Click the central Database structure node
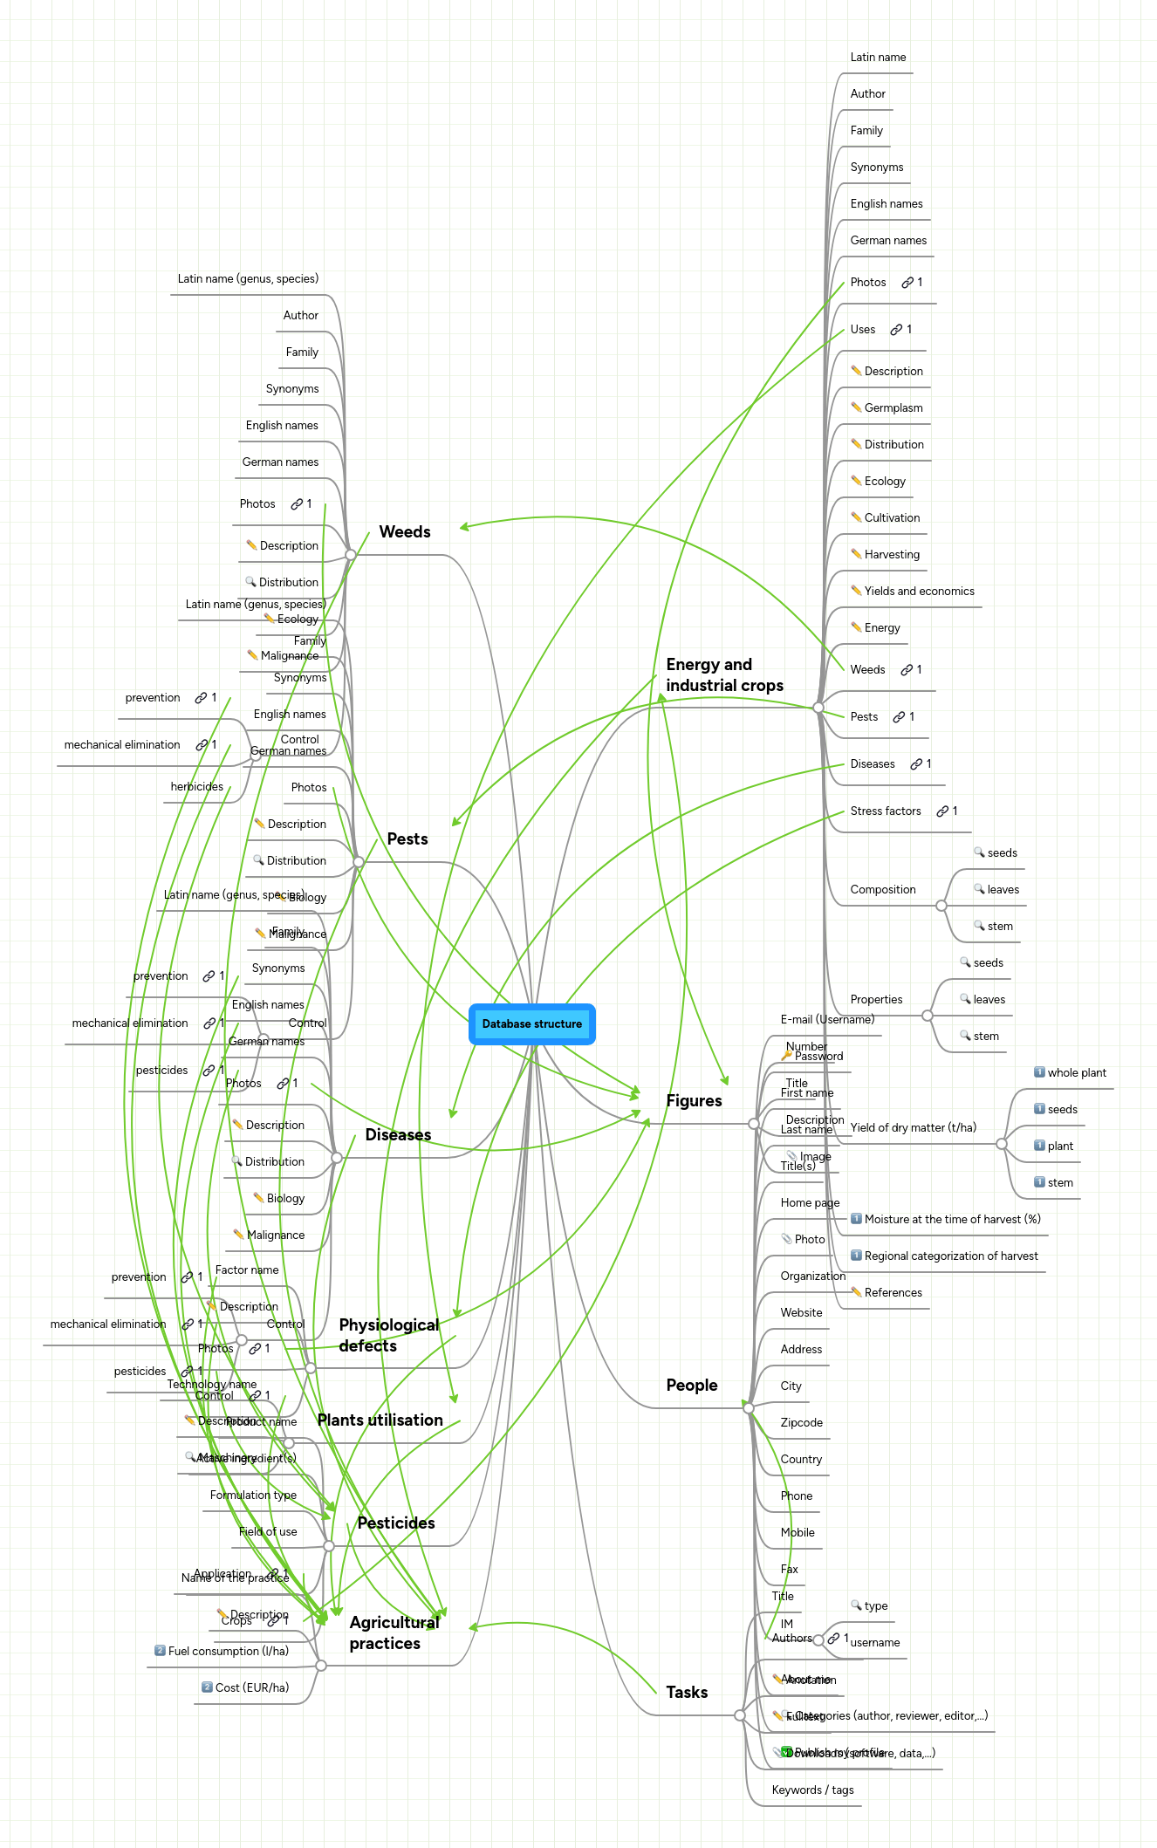[532, 1024]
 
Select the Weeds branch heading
[405, 532]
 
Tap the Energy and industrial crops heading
[724, 675]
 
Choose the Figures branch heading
[694, 1101]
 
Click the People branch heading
[691, 1386]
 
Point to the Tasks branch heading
[687, 1693]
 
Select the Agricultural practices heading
[394, 1633]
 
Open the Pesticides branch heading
[396, 1523]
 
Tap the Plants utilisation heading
[380, 1420]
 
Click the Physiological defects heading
[388, 1336]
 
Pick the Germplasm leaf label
[893, 408]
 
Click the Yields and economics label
[919, 592]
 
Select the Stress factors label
[886, 811]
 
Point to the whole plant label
[1076, 1073]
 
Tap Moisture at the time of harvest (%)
[952, 1220]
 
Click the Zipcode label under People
[801, 1423]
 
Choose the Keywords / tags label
[812, 1790]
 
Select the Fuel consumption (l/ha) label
[228, 1652]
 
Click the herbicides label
[196, 787]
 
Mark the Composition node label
[883, 890]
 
